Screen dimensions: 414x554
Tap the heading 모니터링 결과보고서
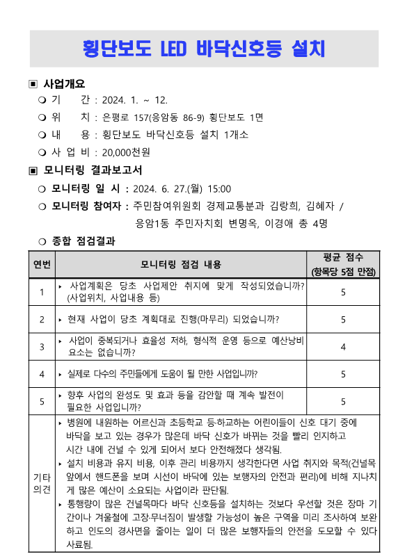click(93, 170)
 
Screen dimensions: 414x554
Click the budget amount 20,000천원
click(126, 152)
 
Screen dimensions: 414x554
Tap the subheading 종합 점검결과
click(83, 241)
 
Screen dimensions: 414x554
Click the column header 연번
click(42, 264)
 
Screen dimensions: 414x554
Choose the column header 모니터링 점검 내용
click(180, 264)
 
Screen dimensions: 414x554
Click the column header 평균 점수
click(342, 257)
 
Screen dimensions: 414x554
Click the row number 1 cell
click(42, 292)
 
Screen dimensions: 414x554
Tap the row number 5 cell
click(42, 401)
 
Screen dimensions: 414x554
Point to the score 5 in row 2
click(343, 319)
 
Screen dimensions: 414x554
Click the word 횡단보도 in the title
click(118, 49)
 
